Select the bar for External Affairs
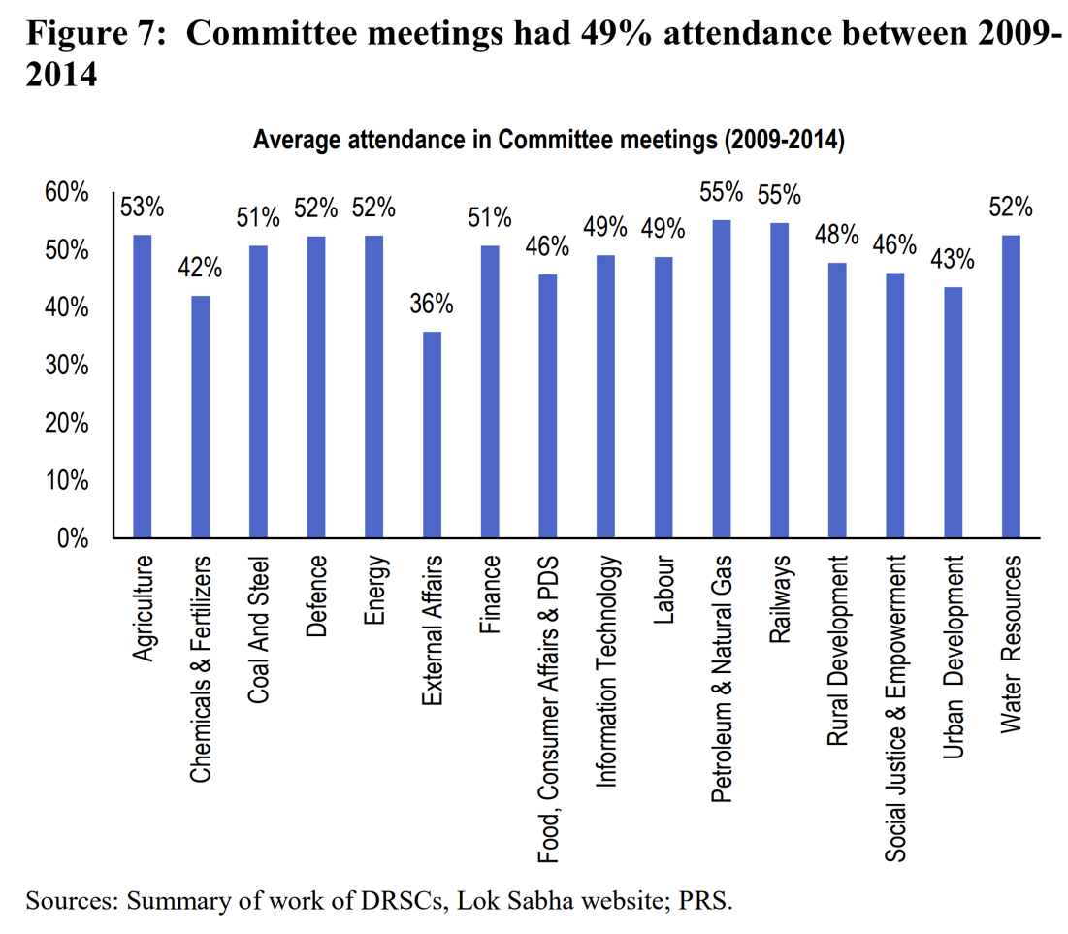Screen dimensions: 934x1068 pos(431,435)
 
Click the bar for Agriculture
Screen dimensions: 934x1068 pos(143,386)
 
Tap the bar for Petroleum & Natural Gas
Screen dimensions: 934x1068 pos(721,378)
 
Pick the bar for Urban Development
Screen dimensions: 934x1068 pos(954,412)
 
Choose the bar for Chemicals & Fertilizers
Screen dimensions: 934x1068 pos(200,416)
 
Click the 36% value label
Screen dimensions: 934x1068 pos(431,304)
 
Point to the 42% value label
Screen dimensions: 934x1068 pos(200,267)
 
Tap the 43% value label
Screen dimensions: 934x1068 pos(954,260)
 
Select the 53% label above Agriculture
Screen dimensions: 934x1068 pos(143,207)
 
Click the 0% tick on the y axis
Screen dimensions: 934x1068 pos(74,538)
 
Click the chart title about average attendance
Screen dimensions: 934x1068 pos(549,141)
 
